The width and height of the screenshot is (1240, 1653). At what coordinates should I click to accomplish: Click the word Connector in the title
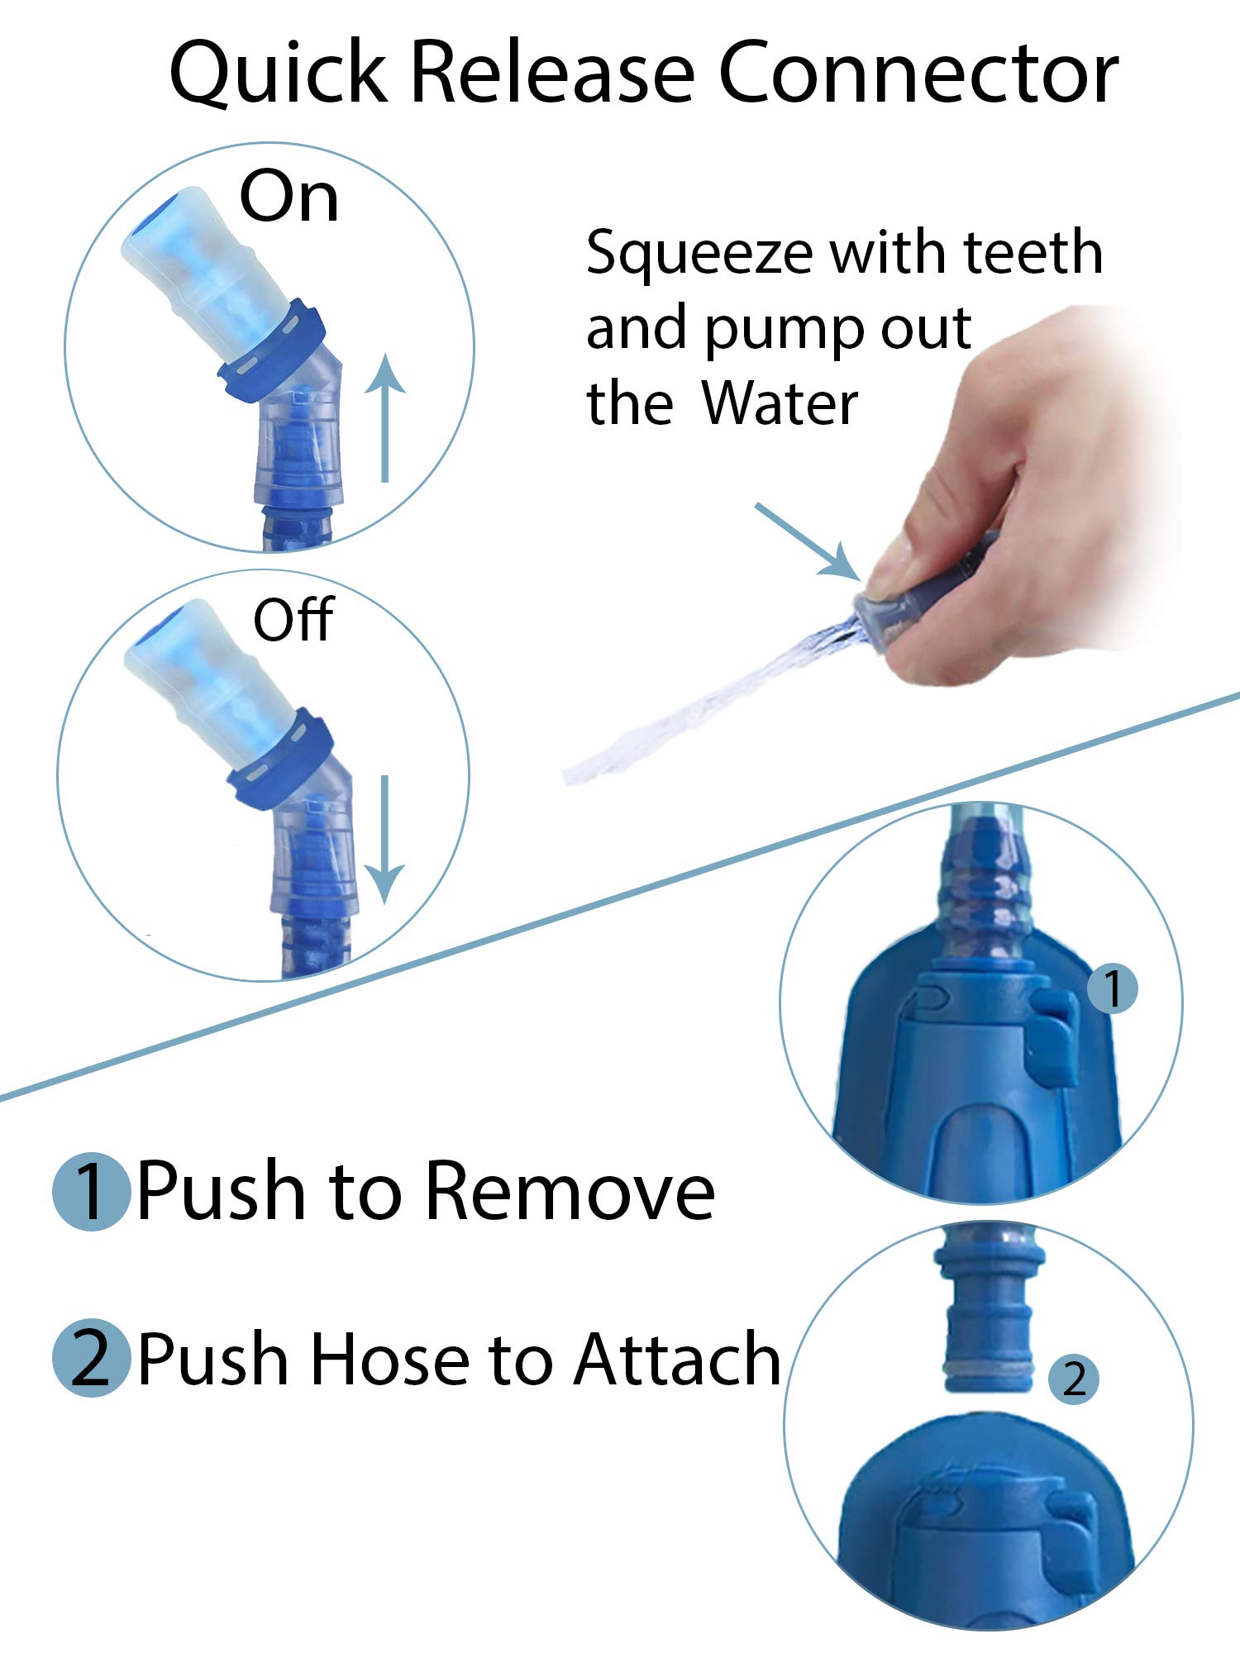918,73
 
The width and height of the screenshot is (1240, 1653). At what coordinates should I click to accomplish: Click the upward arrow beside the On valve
384,418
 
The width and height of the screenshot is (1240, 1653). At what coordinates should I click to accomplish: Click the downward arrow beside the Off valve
384,839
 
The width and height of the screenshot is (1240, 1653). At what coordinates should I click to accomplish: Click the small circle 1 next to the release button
1113,988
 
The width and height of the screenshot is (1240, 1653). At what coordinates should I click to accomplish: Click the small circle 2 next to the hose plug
1074,1379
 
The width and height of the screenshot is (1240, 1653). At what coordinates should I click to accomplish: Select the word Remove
571,1192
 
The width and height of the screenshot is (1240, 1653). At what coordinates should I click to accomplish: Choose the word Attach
678,1359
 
